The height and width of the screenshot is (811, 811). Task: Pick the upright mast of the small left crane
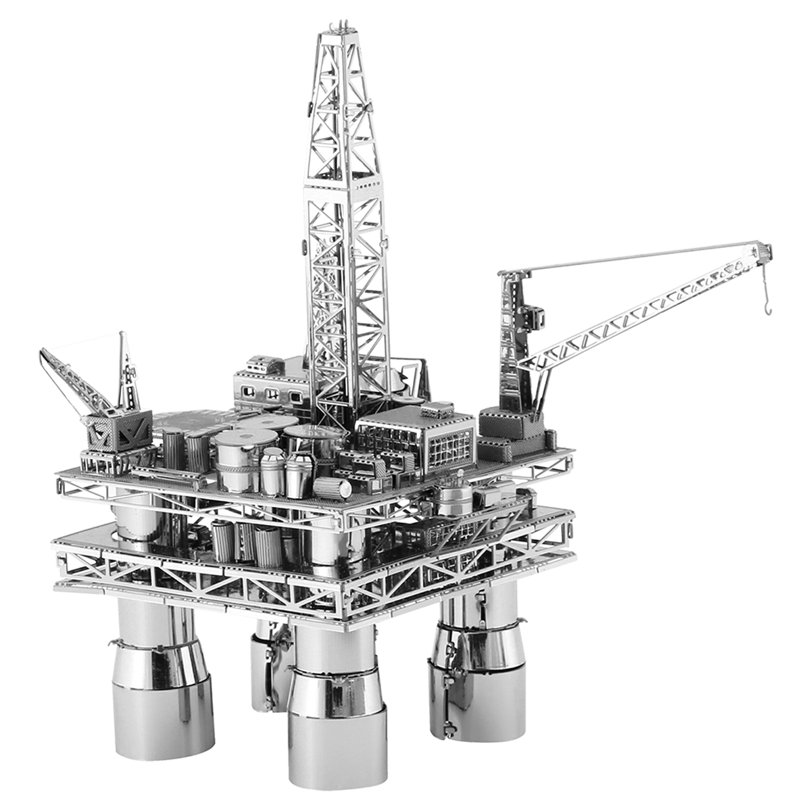(x=126, y=372)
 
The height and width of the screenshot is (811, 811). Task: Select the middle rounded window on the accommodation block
(x=272, y=394)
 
